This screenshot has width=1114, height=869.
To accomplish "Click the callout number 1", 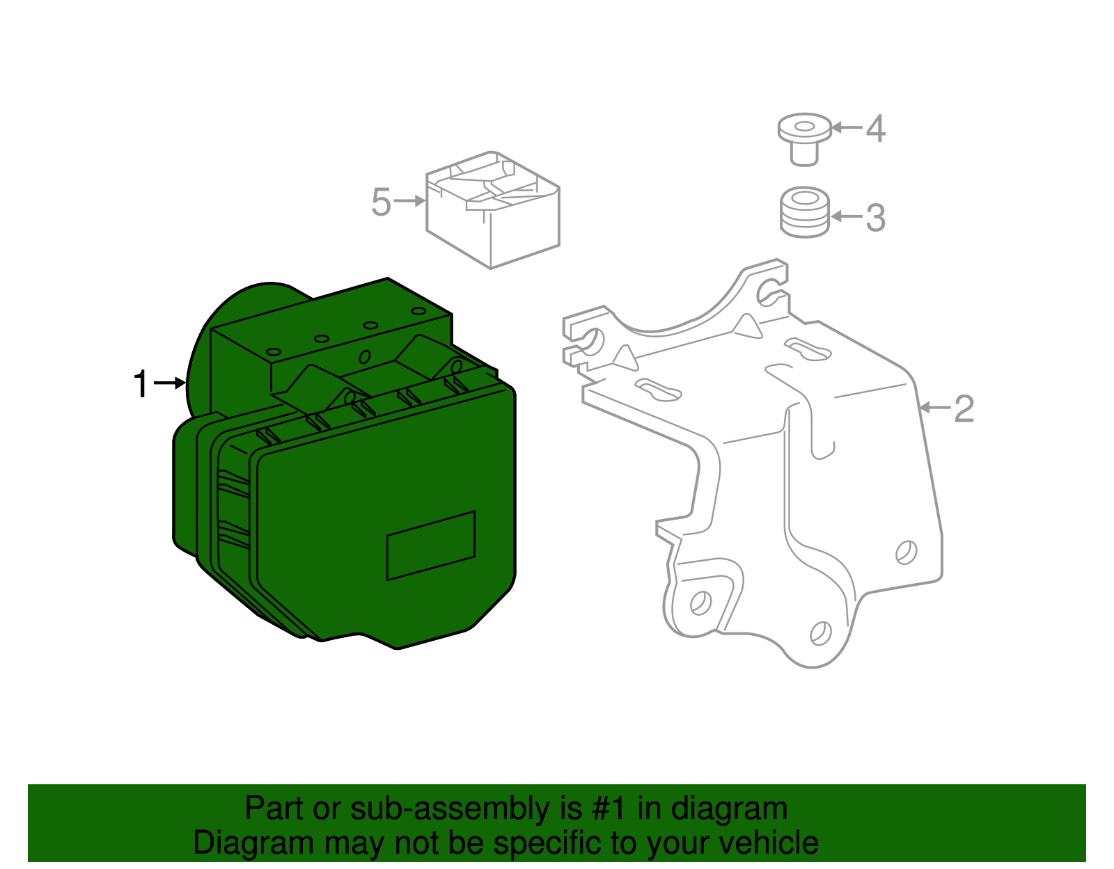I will (141, 385).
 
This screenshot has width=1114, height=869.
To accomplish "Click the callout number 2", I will (963, 409).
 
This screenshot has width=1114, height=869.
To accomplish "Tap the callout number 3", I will (875, 218).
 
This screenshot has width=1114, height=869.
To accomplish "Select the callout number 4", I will (875, 129).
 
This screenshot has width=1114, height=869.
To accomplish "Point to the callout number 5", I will (381, 202).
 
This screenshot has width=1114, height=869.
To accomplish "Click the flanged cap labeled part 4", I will (804, 138).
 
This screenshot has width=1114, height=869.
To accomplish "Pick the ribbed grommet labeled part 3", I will (804, 212).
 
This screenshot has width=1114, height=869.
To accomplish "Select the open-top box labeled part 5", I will (492, 209).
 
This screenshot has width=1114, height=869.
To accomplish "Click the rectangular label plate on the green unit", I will (430, 545).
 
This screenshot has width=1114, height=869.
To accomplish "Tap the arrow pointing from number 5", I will (409, 201).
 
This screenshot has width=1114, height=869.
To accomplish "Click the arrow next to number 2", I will (934, 408).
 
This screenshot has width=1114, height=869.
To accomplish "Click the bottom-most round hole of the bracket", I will (821, 632).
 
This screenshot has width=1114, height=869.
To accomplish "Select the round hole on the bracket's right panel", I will (906, 552).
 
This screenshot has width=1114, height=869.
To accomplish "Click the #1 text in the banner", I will (610, 809).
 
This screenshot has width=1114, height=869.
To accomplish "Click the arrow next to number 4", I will (847, 127).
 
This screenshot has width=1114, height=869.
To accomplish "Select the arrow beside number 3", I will (847, 216).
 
